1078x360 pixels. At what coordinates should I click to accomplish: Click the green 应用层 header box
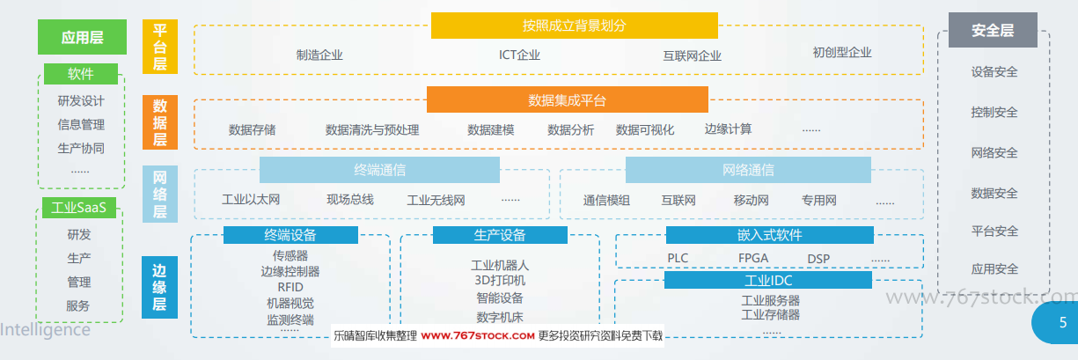[x=83, y=37]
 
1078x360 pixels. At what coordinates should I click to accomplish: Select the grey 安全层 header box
[x=993, y=30]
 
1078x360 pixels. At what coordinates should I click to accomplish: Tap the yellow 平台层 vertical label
[x=160, y=47]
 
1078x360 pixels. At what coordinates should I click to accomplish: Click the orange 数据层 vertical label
[x=160, y=122]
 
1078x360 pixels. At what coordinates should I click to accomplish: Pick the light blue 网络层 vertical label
[x=160, y=194]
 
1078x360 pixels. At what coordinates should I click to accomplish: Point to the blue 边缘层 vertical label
[x=159, y=287]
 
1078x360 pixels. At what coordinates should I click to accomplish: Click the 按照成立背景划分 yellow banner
[x=574, y=26]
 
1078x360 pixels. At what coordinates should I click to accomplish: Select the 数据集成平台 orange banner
[x=568, y=99]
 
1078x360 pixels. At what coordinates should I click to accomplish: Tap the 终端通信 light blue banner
[x=379, y=170]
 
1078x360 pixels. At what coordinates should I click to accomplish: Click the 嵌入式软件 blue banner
[x=769, y=235]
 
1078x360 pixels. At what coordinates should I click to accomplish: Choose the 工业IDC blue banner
[x=768, y=280]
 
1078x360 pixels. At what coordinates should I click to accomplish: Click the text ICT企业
[x=519, y=55]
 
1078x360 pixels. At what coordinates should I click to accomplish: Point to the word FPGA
[x=753, y=259]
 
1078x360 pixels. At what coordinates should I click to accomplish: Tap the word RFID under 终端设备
[x=290, y=287]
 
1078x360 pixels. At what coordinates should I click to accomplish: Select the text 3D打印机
[x=500, y=281]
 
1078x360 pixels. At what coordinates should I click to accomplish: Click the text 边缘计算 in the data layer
[x=728, y=129]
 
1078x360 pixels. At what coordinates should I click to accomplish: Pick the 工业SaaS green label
[x=79, y=208]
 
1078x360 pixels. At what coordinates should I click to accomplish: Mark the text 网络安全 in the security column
[x=994, y=153]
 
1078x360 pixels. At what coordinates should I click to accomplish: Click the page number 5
[x=1063, y=322]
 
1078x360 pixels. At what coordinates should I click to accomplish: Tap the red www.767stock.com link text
[x=477, y=336]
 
